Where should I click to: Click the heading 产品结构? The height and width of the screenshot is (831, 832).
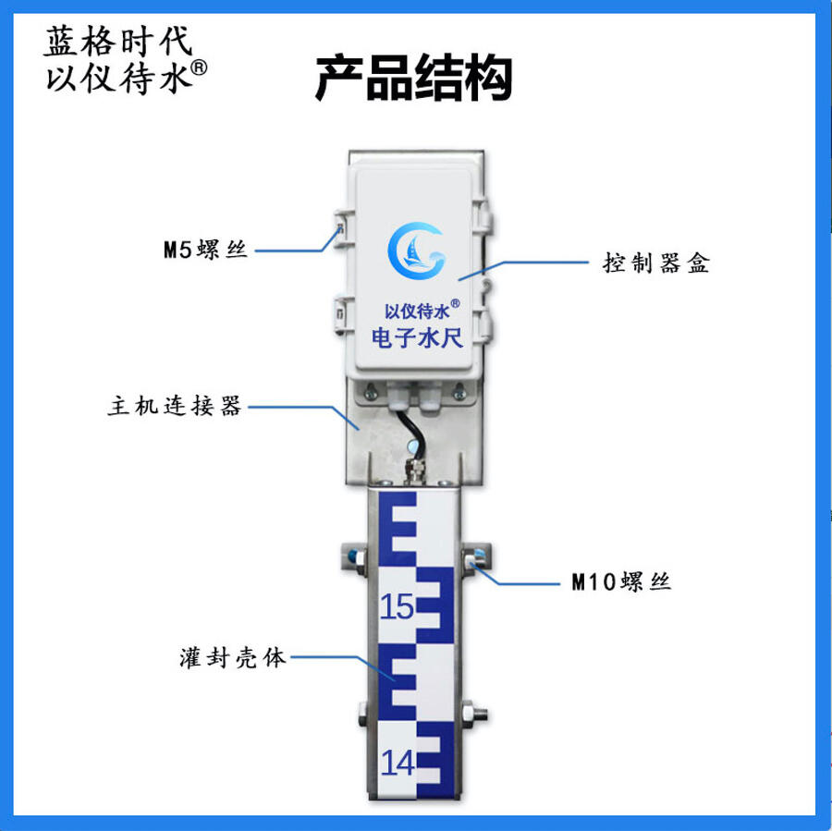tap(414, 78)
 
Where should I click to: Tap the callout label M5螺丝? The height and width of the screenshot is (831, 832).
tap(205, 250)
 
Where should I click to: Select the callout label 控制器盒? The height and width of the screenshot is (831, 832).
tap(655, 263)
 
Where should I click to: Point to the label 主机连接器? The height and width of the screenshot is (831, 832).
tap(175, 406)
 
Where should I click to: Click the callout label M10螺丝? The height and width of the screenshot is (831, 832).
tap(621, 582)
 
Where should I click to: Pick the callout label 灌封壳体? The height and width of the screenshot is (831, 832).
tap(232, 658)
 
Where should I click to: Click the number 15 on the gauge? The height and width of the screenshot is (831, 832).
tap(397, 606)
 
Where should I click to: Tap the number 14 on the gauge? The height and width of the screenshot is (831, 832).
tap(398, 764)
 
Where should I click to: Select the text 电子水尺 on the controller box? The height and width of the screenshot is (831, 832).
tap(417, 338)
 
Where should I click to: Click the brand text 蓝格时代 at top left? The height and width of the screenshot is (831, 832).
tap(117, 41)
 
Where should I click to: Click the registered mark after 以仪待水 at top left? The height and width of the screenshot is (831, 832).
tap(199, 67)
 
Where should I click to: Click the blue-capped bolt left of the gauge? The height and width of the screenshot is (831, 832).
tap(354, 558)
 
